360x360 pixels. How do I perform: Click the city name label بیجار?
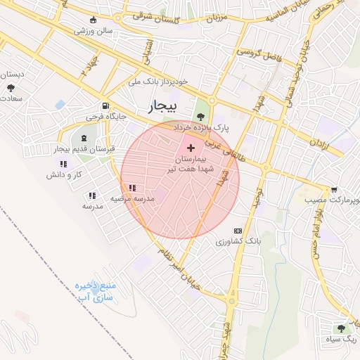[x=164, y=106]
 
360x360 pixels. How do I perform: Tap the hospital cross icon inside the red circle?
[x=191, y=147]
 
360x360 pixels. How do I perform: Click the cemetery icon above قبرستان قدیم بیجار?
[x=84, y=138]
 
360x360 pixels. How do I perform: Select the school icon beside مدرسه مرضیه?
[x=131, y=188]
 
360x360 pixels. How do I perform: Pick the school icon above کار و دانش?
[x=65, y=164]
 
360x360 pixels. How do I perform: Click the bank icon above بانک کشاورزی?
[x=238, y=230]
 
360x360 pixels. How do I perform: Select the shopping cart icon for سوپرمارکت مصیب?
[x=333, y=189]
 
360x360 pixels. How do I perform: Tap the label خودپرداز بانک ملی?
[x=159, y=82]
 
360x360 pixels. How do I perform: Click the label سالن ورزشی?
[x=95, y=31]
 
